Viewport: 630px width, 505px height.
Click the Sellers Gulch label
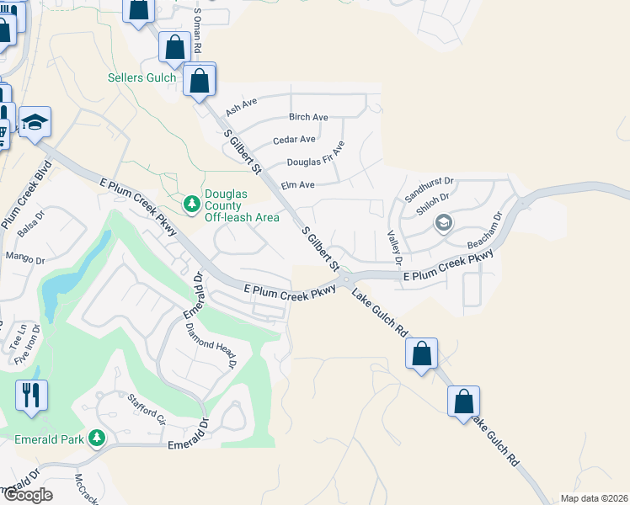142,78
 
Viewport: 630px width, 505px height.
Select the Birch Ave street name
308,117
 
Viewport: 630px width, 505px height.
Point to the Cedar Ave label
294,139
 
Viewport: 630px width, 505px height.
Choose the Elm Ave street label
297,184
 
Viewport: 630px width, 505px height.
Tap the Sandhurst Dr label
430,180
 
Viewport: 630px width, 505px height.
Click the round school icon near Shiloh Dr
443,223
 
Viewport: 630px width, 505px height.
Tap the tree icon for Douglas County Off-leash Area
192,204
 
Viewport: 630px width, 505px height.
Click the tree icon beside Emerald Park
97,439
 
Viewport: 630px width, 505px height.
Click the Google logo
27,494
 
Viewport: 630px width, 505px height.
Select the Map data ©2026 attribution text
594,497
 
